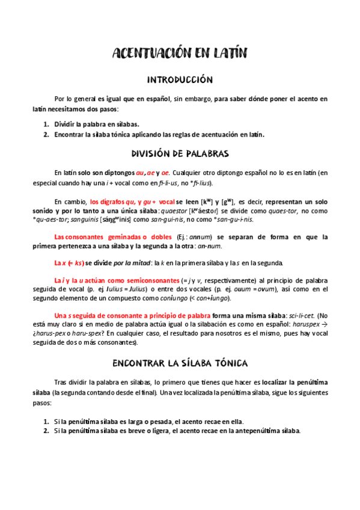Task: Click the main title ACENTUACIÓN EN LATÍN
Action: tap(180, 55)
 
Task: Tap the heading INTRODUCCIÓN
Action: tap(180, 79)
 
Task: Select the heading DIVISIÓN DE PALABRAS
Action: tap(180, 153)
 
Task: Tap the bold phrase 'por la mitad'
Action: tap(142, 263)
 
